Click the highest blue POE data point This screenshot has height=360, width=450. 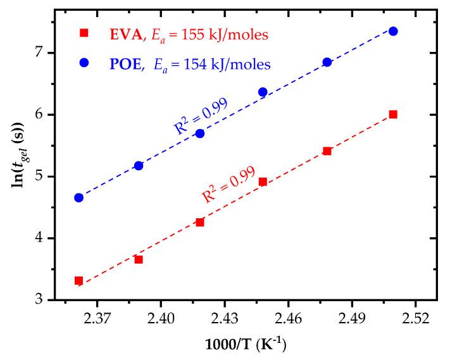pyautogui.click(x=393, y=31)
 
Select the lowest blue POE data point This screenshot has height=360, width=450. pyautogui.click(x=78, y=197)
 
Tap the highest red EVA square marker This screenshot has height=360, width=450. pyautogui.click(x=393, y=115)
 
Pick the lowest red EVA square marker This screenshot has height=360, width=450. pyautogui.click(x=78, y=280)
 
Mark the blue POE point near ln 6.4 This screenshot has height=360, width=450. pyautogui.click(x=263, y=92)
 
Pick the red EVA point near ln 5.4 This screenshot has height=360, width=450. pyautogui.click(x=327, y=151)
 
